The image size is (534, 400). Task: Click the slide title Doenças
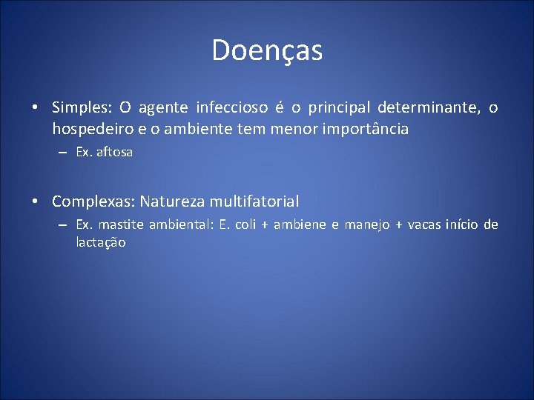coord(267,50)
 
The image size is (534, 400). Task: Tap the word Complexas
coord(93,201)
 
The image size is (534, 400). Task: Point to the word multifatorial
coord(254,201)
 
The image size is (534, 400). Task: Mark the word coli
coord(245,224)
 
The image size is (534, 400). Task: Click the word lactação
coord(101,243)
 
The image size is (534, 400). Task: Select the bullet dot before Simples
coord(35,108)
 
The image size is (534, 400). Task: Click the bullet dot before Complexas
coord(35,201)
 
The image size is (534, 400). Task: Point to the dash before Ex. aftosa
coord(65,152)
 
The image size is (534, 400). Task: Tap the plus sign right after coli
coord(265,225)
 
